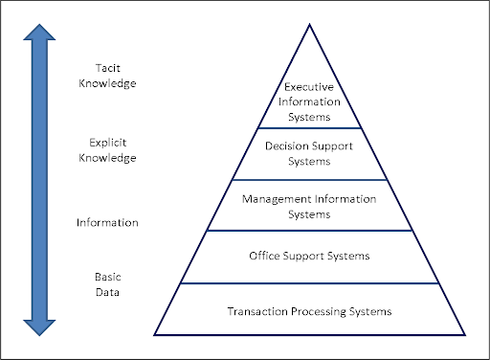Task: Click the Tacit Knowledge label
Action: (x=108, y=76)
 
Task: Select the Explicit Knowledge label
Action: (x=107, y=150)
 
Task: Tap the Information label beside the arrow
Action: (x=108, y=222)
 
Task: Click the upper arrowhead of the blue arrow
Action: (x=39, y=36)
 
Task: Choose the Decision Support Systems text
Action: (x=309, y=154)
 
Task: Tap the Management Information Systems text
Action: (x=308, y=206)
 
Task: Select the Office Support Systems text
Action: (x=309, y=256)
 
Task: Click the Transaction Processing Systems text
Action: (x=309, y=311)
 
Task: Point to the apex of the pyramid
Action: (x=308, y=23)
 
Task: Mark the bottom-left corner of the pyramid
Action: (x=155, y=333)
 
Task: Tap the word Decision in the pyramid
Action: (x=287, y=147)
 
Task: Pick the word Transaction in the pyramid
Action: (x=258, y=311)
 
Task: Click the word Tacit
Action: (x=108, y=68)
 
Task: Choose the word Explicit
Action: (x=107, y=143)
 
